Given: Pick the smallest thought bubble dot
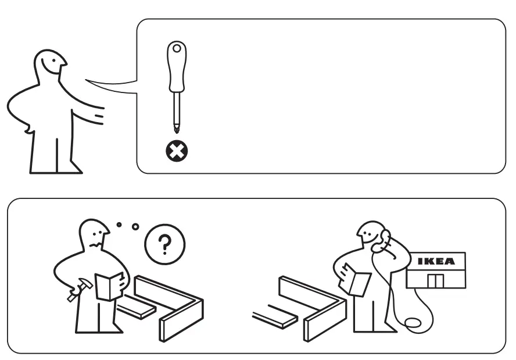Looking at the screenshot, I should pyautogui.click(x=119, y=224).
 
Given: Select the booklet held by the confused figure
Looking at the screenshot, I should pyautogui.click(x=109, y=286).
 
